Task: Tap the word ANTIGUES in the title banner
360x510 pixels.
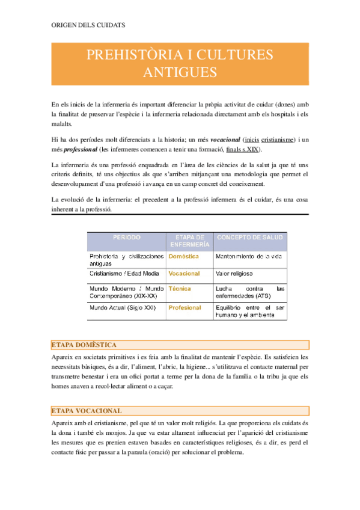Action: (180, 73)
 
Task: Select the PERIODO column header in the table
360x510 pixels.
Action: (126, 238)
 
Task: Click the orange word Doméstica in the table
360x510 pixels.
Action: (184, 256)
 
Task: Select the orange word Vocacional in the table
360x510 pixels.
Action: (185, 274)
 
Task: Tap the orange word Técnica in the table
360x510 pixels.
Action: (180, 289)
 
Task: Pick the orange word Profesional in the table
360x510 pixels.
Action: (185, 307)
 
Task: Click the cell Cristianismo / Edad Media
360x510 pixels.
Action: (124, 274)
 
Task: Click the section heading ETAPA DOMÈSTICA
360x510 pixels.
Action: (85, 345)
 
